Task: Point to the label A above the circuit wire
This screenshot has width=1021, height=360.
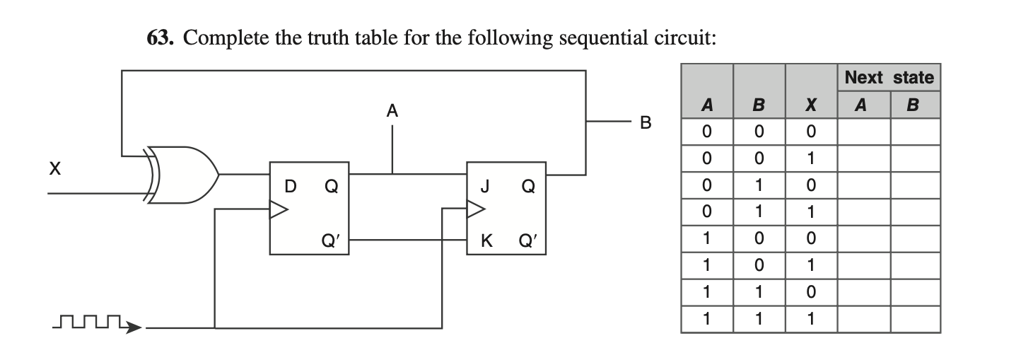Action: (x=392, y=110)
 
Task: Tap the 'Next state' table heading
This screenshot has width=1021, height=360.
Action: (x=889, y=77)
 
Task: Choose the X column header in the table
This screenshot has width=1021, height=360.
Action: (x=811, y=105)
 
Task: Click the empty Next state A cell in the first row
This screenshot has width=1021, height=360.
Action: (x=863, y=132)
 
